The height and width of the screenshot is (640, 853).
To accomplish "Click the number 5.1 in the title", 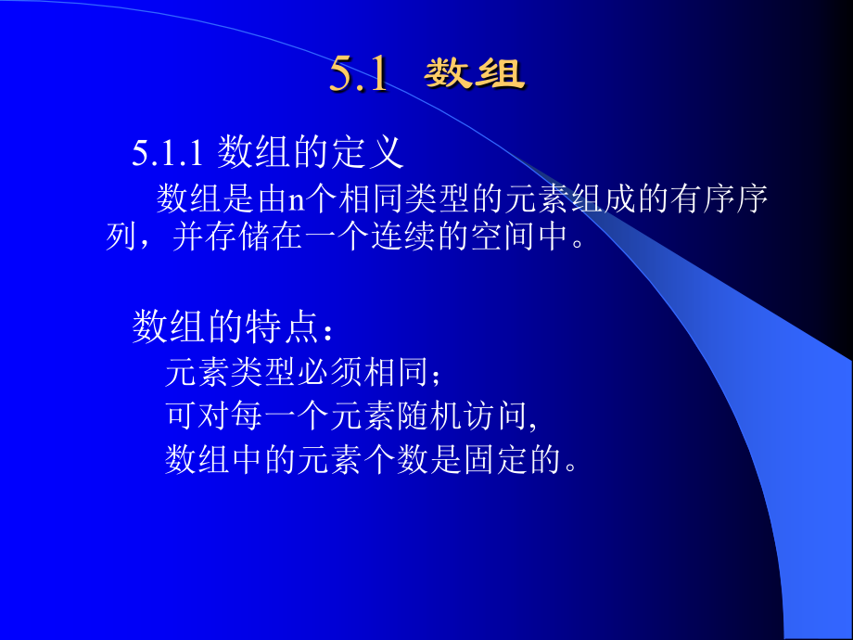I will [358, 75].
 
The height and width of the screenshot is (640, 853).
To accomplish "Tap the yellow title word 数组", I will [475, 75].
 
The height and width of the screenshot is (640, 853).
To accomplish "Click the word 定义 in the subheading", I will [368, 152].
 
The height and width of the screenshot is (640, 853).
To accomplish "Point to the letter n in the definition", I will [296, 199].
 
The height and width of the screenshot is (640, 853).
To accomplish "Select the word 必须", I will [331, 373].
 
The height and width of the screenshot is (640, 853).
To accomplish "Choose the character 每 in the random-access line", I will [248, 416].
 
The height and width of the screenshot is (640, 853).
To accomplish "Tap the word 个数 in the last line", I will [398, 458].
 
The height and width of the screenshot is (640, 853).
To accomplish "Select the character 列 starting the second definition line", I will [123, 237].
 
